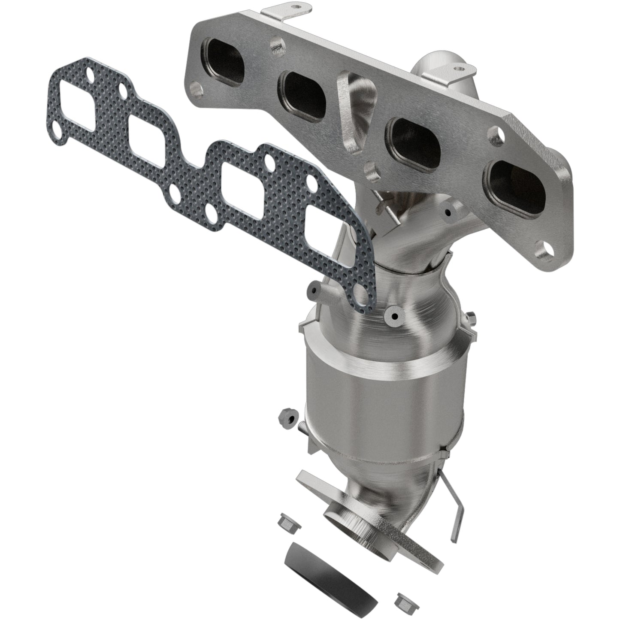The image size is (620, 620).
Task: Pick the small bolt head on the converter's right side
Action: pyautogui.click(x=471, y=318)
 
